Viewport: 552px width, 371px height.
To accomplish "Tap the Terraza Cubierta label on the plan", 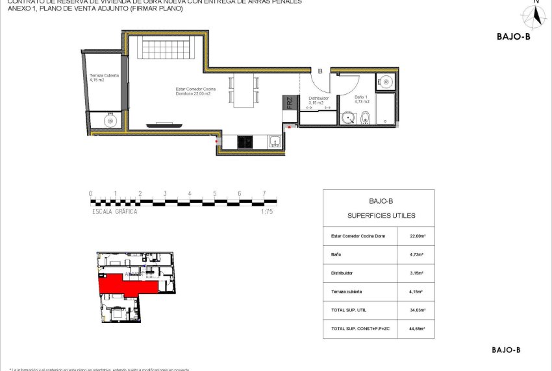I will click(104, 78).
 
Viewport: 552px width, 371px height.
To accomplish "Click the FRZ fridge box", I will click(289, 102).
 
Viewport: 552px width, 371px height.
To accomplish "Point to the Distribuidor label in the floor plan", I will click(318, 100).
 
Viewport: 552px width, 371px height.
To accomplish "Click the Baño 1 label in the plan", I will click(362, 100).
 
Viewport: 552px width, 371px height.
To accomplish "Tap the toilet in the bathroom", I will click(366, 118).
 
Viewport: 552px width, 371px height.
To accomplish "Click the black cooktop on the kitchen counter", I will click(245, 142).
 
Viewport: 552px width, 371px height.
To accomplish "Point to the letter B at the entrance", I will click(320, 71).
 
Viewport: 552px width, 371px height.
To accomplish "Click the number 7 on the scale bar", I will click(264, 193).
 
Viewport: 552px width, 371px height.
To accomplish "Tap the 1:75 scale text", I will click(266, 211).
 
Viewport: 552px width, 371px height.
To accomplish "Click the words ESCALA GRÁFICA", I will click(114, 211).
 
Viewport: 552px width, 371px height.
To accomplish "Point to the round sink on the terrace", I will click(110, 121).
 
